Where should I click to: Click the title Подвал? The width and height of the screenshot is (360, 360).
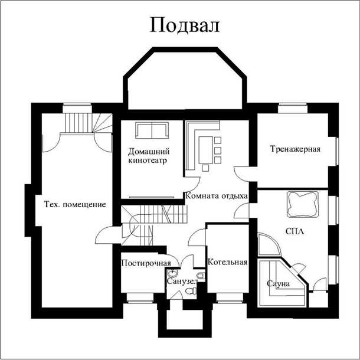tap(185, 25)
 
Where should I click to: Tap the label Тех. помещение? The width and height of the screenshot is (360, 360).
tap(75, 204)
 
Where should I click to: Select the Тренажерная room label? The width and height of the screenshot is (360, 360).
tap(295, 149)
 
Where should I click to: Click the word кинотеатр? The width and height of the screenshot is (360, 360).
tap(148, 161)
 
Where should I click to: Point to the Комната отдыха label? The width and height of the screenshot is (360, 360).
tap(217, 196)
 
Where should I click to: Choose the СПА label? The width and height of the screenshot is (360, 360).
tap(295, 231)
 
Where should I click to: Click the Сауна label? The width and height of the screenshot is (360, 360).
tap(279, 284)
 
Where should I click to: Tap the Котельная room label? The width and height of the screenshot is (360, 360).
tap(228, 262)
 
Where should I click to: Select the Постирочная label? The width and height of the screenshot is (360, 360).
tap(146, 263)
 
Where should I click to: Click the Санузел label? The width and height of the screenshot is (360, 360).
tap(181, 281)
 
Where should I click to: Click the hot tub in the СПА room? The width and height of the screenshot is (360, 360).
tap(303, 204)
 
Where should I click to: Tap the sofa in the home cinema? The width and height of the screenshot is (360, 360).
tap(152, 130)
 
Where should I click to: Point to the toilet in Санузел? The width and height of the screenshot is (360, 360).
tap(191, 291)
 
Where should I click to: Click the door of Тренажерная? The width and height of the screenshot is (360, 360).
tap(241, 174)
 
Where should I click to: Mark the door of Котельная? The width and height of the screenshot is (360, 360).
tap(197, 237)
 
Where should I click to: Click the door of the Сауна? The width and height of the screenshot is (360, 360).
tap(299, 269)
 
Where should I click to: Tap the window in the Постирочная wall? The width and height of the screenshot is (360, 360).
tap(140, 298)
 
